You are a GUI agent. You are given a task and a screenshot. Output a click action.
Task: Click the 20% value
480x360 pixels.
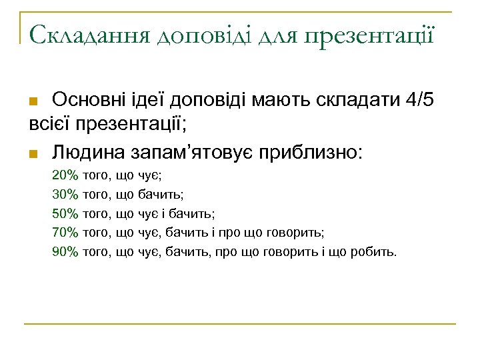65,175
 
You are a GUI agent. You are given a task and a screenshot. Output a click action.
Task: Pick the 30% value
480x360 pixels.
65,195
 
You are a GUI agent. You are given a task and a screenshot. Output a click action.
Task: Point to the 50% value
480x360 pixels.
65,214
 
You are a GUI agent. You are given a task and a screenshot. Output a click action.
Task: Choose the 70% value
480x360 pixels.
65,233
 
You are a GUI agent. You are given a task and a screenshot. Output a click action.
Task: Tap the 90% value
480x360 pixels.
65,252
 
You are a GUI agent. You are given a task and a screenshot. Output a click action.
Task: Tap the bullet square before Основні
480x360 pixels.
39,102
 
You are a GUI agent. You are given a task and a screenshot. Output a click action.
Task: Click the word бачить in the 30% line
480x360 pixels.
161,195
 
